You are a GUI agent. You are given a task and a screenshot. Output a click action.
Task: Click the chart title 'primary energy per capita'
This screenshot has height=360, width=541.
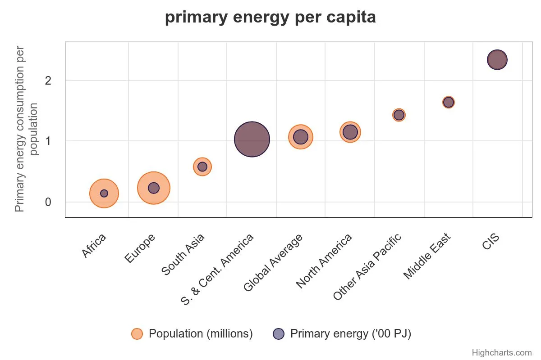click(270, 18)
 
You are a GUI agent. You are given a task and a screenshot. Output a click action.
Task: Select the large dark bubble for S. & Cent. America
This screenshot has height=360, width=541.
click(252, 139)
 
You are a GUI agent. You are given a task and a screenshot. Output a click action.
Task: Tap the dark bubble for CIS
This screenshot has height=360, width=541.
click(497, 60)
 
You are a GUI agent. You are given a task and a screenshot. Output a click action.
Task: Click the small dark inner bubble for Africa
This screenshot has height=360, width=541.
click(104, 193)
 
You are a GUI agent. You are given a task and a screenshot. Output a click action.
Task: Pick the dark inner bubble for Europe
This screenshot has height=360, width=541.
click(154, 188)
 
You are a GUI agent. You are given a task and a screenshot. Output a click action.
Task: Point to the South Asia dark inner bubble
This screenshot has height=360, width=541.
click(202, 166)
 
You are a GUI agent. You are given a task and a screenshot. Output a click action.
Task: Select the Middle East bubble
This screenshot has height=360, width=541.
click(448, 102)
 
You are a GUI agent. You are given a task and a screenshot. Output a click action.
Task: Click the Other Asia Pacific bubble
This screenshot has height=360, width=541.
click(399, 115)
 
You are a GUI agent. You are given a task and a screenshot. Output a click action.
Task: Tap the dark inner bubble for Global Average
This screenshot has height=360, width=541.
click(301, 137)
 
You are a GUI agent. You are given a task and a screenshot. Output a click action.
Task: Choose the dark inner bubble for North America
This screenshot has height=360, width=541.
click(350, 132)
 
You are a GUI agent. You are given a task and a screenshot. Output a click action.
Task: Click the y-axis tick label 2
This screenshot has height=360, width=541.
click(48, 81)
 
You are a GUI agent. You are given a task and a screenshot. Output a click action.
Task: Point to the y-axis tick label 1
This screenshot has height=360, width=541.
click(48, 141)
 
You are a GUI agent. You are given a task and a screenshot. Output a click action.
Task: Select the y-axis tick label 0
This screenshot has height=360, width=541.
click(48, 202)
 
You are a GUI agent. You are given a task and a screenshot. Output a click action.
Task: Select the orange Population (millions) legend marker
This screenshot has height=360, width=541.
click(137, 333)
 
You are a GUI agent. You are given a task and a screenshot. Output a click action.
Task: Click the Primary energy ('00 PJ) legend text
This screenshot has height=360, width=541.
click(350, 333)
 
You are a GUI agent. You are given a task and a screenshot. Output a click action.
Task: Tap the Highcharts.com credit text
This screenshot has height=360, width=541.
click(501, 352)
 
